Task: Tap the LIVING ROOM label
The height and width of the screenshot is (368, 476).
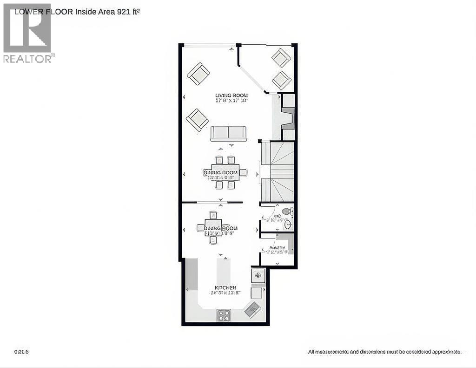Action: pyautogui.click(x=231, y=95)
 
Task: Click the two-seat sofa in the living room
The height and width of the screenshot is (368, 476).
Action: pyautogui.click(x=228, y=134)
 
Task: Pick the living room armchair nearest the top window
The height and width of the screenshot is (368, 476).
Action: pyautogui.click(x=198, y=74)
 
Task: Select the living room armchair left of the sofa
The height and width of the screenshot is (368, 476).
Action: pyautogui.click(x=198, y=120)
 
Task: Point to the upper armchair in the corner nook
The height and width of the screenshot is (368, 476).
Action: pyautogui.click(x=281, y=58)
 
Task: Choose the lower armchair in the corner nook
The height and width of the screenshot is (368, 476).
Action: pyautogui.click(x=282, y=80)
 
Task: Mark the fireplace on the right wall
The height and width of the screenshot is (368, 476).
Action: pyautogui.click(x=288, y=118)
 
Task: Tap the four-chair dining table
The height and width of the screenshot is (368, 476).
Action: pyautogui.click(x=213, y=228)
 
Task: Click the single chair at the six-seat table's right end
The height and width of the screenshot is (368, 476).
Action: pyautogui.click(x=244, y=173)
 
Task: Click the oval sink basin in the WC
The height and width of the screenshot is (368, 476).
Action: pyautogui.click(x=288, y=225)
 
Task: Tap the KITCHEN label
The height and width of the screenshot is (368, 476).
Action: pyautogui.click(x=225, y=288)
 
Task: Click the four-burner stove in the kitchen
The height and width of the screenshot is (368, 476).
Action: pyautogui.click(x=224, y=315)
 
